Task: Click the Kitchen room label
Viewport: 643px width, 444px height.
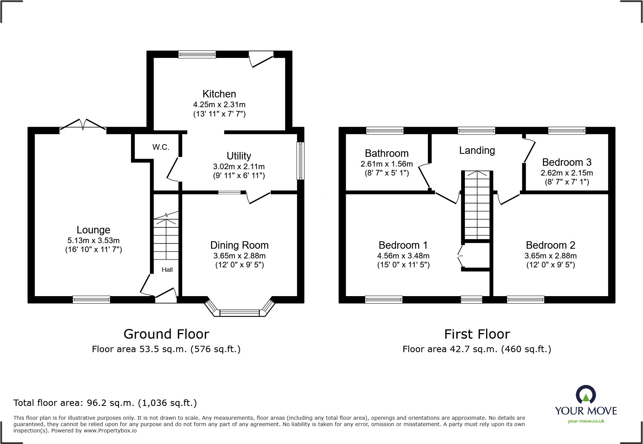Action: pyautogui.click(x=219, y=94)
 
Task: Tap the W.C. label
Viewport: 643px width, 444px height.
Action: pyautogui.click(x=161, y=147)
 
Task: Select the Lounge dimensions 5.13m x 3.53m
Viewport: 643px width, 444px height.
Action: pyautogui.click(x=93, y=240)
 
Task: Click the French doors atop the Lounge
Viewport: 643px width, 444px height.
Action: pyautogui.click(x=83, y=125)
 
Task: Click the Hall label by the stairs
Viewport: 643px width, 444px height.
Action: pyautogui.click(x=167, y=270)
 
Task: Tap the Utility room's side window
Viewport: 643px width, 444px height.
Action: pyautogui.click(x=300, y=161)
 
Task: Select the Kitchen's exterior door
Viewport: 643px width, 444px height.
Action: pyautogui.click(x=261, y=59)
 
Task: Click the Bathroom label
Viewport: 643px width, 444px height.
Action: pyautogui.click(x=386, y=153)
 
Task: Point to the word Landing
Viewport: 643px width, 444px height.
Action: pyautogui.click(x=477, y=150)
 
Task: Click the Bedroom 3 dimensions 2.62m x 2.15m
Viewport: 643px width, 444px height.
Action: pyautogui.click(x=566, y=173)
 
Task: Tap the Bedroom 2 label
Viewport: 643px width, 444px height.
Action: pyautogui.click(x=550, y=245)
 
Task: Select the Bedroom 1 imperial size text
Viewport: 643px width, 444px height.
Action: pyautogui.click(x=403, y=265)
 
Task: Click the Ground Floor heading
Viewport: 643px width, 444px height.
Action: pyautogui.click(x=166, y=334)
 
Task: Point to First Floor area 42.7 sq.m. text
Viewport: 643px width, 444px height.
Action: pyautogui.click(x=476, y=349)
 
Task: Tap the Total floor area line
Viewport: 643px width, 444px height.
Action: pyautogui.click(x=105, y=403)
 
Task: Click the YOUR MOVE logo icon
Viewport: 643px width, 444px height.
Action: pyautogui.click(x=585, y=395)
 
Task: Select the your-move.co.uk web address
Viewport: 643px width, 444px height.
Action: pyautogui.click(x=586, y=421)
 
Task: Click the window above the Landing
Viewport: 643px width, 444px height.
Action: pyautogui.click(x=476, y=130)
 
